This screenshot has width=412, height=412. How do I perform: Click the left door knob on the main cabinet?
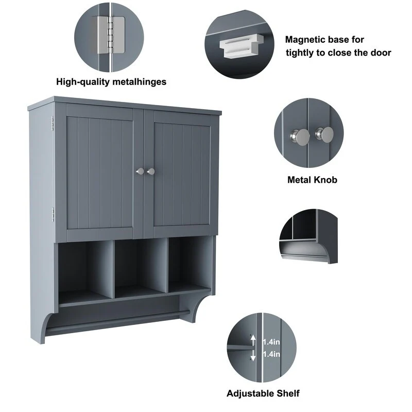[x=139, y=171]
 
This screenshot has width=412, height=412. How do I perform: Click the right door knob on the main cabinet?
[x=151, y=171]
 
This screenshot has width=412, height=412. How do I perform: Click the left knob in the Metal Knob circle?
[x=295, y=136]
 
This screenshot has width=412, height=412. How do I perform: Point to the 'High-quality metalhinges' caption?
[x=111, y=81]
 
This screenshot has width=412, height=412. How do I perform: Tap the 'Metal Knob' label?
[x=312, y=180]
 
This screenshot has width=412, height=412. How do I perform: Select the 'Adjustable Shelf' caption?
[x=263, y=393]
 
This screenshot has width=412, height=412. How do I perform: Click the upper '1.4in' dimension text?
[x=271, y=341]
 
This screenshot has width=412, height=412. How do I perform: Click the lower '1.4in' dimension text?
[x=271, y=354]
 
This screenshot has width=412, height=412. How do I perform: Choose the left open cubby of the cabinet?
[x=84, y=268]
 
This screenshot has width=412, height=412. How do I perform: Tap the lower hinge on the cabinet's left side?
[x=52, y=214]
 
